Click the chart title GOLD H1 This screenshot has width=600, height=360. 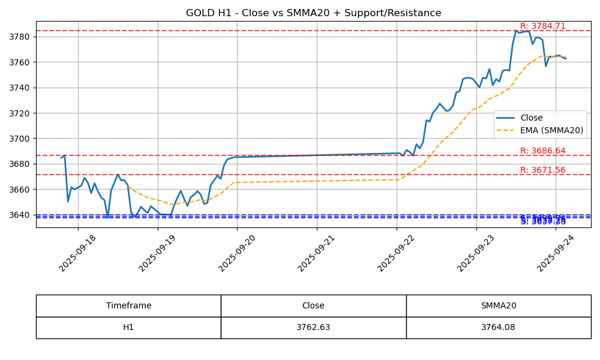[x=313, y=13]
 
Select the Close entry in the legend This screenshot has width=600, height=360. [x=531, y=118]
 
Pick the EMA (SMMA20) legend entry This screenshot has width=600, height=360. [x=551, y=130]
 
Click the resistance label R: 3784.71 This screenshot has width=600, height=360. [x=542, y=26]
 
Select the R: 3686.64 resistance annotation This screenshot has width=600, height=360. [x=542, y=151]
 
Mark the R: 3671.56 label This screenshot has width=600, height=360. [x=542, y=170]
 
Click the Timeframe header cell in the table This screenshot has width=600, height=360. [x=128, y=305]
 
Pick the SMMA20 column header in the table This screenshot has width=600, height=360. [x=498, y=305]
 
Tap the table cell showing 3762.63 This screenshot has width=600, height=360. [x=313, y=328]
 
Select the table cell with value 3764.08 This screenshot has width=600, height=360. [x=498, y=328]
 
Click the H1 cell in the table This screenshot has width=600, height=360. [x=128, y=328]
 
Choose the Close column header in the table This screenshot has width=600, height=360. [x=313, y=305]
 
